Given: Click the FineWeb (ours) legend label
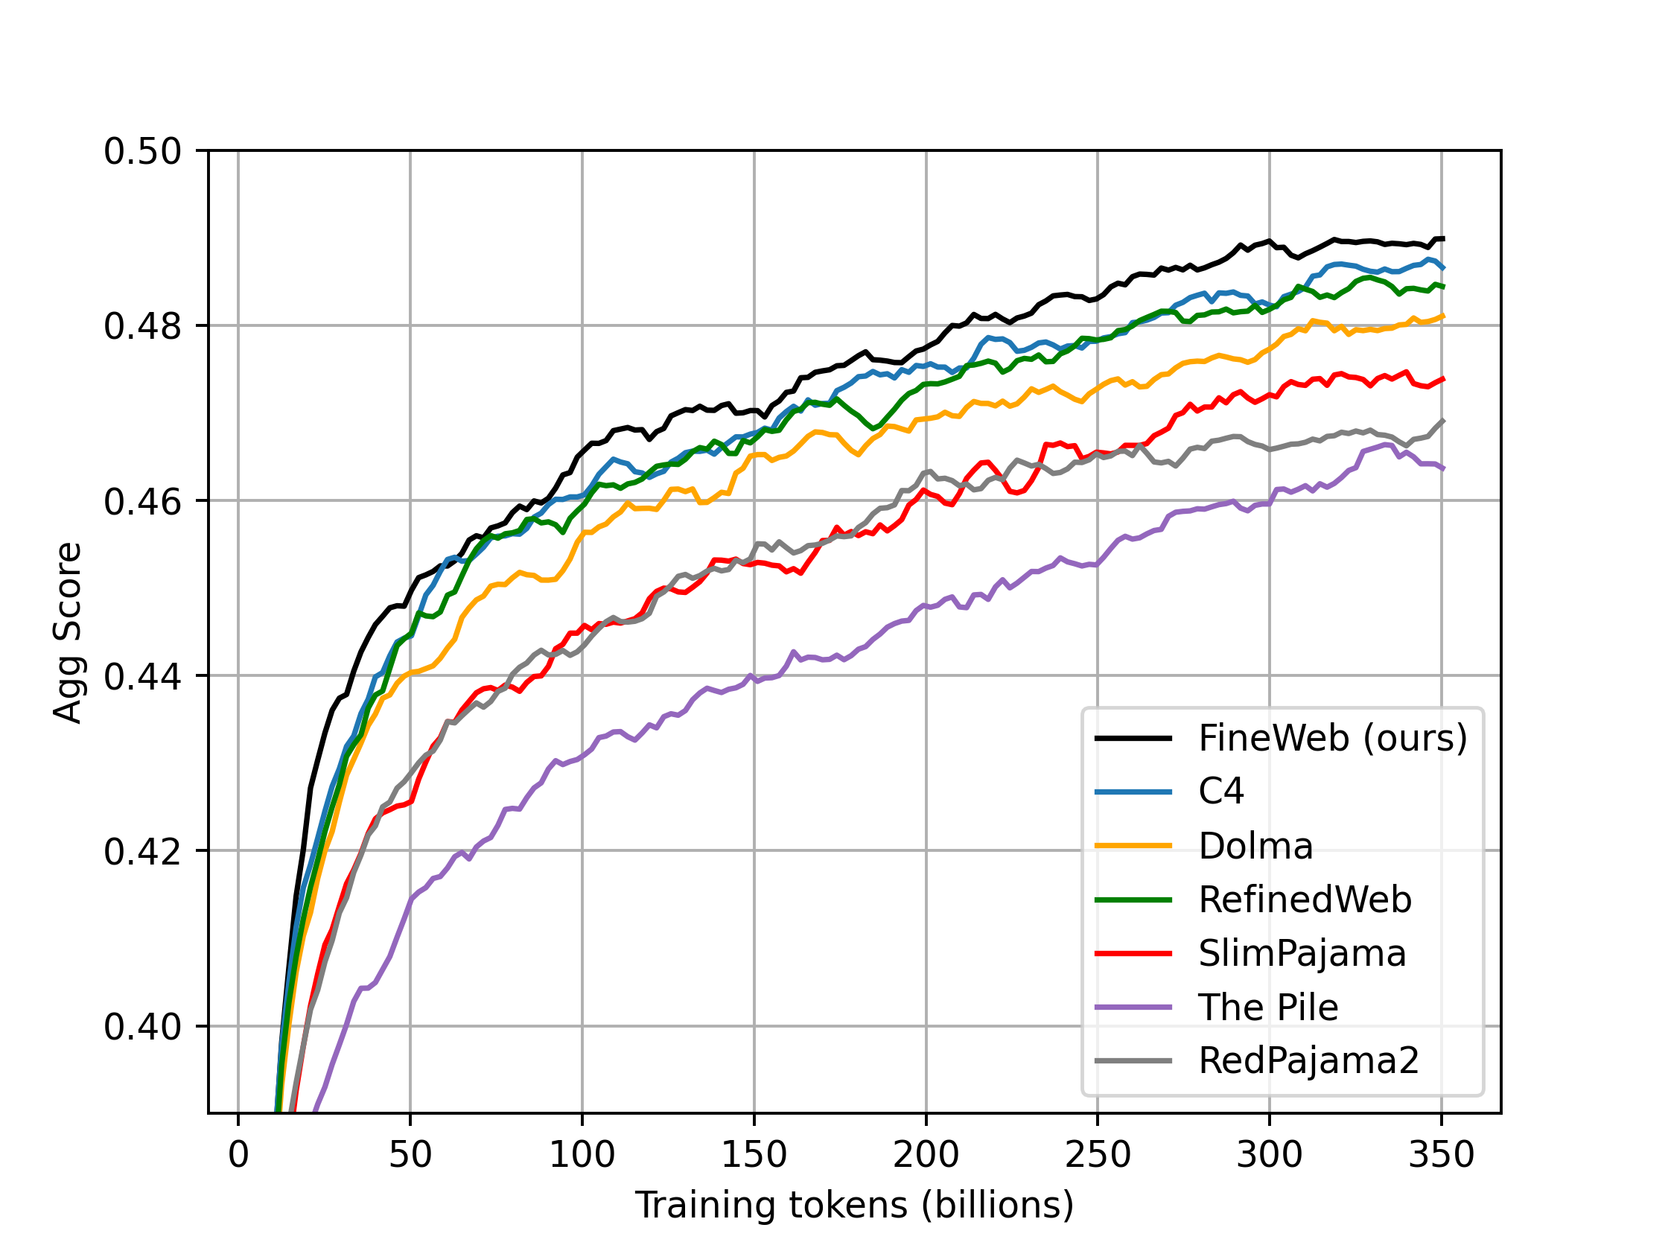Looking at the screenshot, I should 1332,738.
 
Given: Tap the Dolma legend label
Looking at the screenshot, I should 1255,846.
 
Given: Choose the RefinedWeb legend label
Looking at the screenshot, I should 1305,900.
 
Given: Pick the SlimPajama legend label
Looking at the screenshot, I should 1302,954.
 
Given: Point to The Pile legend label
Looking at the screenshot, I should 1268,1008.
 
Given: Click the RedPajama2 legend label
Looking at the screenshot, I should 1309,1061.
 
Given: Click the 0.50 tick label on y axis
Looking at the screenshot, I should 142,152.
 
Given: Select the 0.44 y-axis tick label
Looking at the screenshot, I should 142,676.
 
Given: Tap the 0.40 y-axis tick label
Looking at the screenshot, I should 142,1027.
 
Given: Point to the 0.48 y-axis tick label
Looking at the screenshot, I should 142,326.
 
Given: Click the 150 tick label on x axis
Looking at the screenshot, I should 754,1155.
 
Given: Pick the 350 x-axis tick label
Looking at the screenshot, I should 1441,1155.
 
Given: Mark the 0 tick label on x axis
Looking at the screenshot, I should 238,1155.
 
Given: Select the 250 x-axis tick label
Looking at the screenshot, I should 1097,1155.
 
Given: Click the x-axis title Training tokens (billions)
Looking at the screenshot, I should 854,1205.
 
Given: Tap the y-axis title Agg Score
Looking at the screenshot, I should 68,633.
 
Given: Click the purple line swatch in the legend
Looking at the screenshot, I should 1133,1008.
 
